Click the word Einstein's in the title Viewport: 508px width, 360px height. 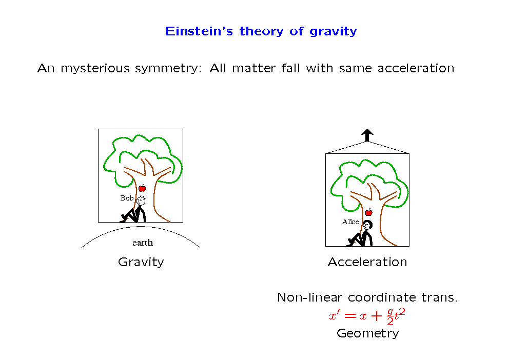[199, 31]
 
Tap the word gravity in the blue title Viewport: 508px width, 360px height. [333, 32]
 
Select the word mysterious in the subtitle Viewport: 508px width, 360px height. [95, 69]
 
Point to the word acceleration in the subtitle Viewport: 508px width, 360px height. [416, 68]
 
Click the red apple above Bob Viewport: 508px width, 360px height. [142, 188]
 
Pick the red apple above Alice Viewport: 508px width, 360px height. [369, 212]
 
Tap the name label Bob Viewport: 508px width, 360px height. [127, 198]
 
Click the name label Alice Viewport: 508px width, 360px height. [350, 222]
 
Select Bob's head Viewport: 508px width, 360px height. [141, 201]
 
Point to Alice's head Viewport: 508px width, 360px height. [367, 224]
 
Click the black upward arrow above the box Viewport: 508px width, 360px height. [367, 135]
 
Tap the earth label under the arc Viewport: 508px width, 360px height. [143, 243]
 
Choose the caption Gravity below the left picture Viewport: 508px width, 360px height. [141, 262]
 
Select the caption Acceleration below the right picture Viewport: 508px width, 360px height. [367, 262]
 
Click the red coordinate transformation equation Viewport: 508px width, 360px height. [367, 316]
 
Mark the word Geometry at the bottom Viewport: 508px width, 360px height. [368, 333]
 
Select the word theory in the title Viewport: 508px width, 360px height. [262, 32]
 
